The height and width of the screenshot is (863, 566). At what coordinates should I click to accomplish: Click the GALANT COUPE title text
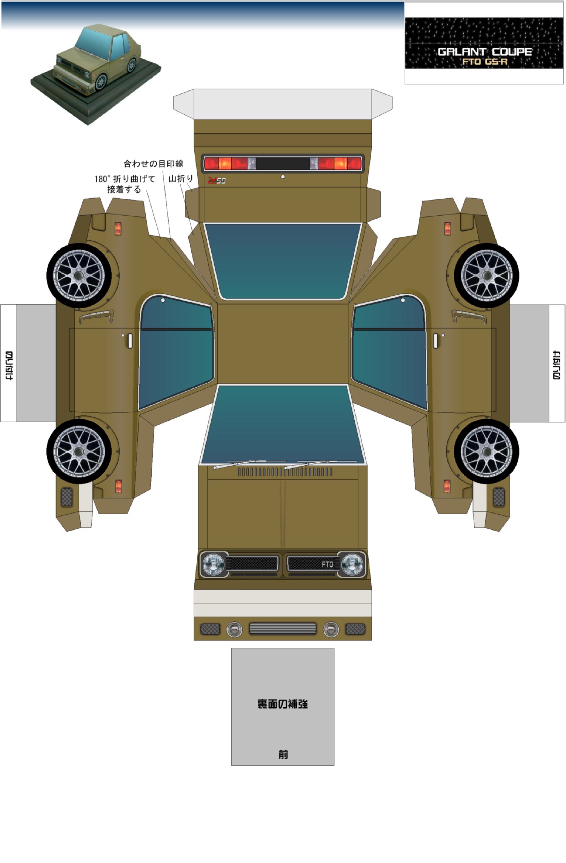click(x=484, y=52)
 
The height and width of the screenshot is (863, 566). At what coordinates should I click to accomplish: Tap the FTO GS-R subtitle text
click(x=484, y=61)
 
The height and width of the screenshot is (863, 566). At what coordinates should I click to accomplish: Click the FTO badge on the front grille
click(x=327, y=564)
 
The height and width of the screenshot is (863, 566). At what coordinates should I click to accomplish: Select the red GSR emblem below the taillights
click(x=217, y=181)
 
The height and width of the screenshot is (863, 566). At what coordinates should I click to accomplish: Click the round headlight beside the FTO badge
click(x=352, y=564)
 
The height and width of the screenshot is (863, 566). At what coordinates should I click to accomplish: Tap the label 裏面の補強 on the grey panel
click(x=282, y=704)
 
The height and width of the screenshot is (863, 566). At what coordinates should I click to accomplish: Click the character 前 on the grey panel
click(x=283, y=754)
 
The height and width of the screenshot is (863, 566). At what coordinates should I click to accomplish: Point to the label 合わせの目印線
click(x=153, y=164)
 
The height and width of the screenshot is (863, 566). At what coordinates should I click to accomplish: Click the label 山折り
click(x=180, y=179)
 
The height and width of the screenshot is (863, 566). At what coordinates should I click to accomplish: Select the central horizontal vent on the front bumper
click(x=283, y=628)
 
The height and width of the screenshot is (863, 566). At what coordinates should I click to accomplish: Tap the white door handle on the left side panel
click(x=130, y=341)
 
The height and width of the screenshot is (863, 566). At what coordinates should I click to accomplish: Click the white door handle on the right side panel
click(x=435, y=341)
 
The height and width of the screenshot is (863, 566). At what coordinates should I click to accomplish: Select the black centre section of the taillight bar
click(x=283, y=164)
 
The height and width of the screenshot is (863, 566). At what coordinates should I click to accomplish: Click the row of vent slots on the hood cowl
click(x=285, y=472)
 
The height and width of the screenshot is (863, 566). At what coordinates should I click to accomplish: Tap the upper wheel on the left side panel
click(x=79, y=275)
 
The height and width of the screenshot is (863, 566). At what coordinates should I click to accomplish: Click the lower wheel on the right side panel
click(x=486, y=451)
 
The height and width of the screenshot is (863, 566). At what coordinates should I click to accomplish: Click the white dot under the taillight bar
click(x=283, y=177)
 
